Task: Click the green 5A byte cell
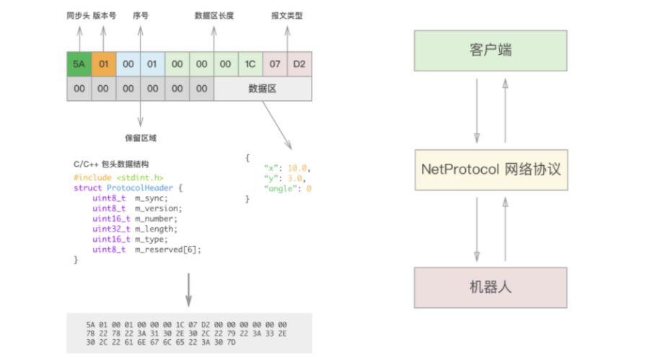[x=79, y=64]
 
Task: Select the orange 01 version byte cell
[x=103, y=64]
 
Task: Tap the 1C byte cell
[x=250, y=64]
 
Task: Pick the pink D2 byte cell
[x=299, y=64]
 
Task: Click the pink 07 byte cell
[x=275, y=64]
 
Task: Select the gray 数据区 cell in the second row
[x=263, y=88]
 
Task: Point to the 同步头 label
[x=78, y=14]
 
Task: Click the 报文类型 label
[x=286, y=14]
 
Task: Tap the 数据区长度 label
[x=213, y=14]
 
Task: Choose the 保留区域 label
[x=141, y=137]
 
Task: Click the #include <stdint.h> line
[x=118, y=177]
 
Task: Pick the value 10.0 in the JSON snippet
[x=297, y=167]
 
